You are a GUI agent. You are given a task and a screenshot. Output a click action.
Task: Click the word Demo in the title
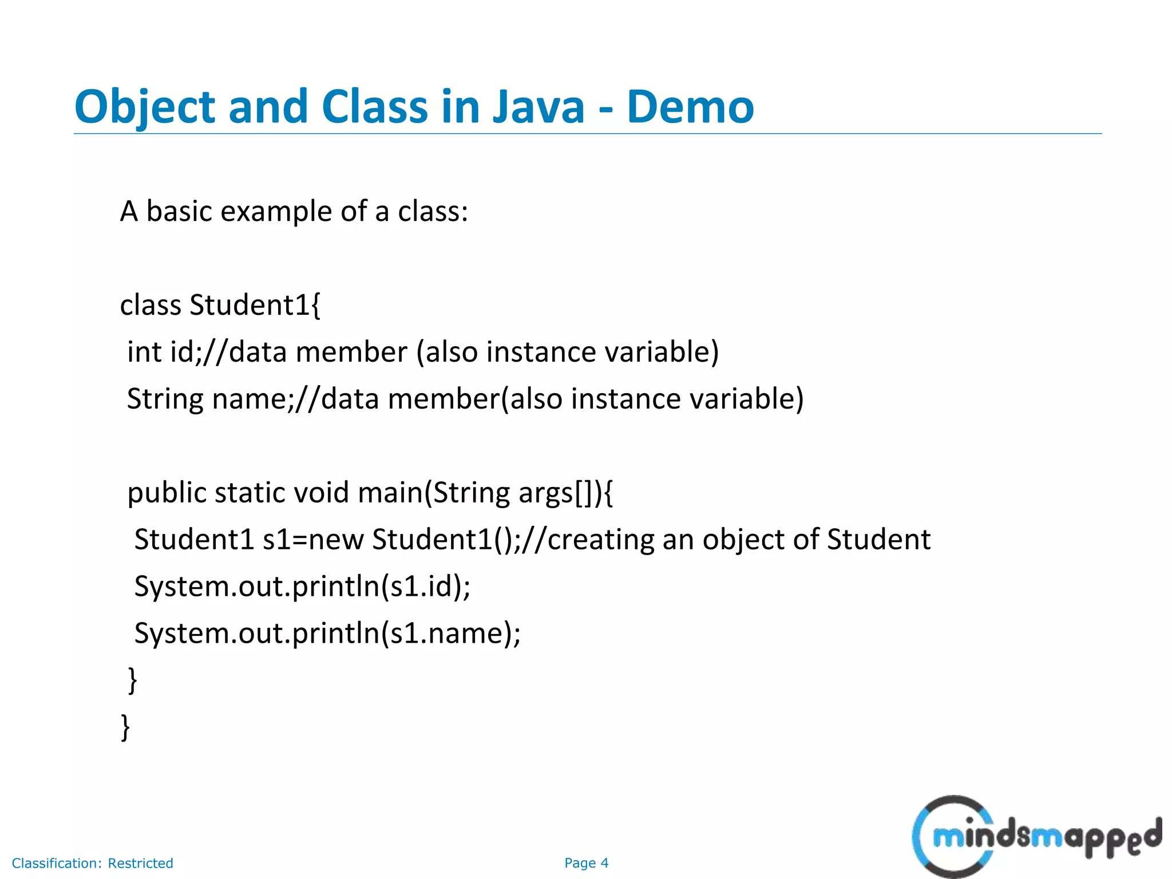tap(690, 107)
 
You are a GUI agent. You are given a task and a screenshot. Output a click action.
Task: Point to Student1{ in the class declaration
tap(255, 305)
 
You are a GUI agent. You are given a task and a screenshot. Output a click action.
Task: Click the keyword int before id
tap(144, 352)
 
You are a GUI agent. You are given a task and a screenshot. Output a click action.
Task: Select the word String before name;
tap(164, 399)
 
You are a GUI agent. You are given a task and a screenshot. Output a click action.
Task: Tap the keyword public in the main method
tap(167, 493)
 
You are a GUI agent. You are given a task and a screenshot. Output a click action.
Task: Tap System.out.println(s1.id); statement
tap(302, 587)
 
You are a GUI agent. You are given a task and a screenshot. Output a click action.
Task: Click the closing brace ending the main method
tap(132, 680)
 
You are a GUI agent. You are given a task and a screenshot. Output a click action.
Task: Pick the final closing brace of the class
tap(125, 727)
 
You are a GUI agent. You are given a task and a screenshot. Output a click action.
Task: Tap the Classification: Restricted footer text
tap(93, 863)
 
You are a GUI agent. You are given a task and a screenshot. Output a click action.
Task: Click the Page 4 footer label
tap(586, 863)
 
